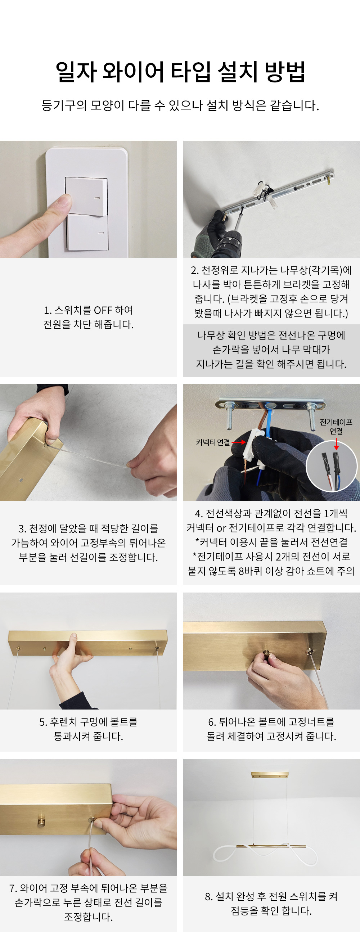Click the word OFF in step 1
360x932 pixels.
(x=103, y=310)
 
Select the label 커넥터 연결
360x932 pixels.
(x=213, y=442)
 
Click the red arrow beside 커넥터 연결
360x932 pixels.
(x=239, y=442)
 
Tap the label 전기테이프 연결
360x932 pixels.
(x=336, y=427)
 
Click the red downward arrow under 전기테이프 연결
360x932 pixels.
(x=336, y=444)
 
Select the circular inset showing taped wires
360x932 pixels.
(x=332, y=466)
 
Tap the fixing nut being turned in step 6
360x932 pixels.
(x=266, y=654)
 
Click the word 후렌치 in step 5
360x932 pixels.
(x=64, y=722)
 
